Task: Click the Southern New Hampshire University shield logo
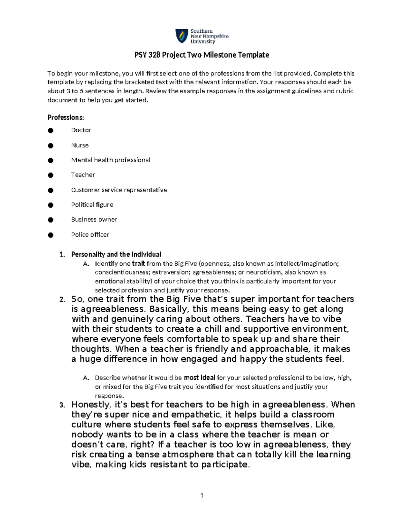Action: coord(181,36)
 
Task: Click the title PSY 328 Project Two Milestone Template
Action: coord(202,55)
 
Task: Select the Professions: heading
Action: coord(66,118)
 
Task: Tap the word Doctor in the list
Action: coord(81,130)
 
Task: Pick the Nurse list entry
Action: coord(80,145)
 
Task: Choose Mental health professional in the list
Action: coord(110,160)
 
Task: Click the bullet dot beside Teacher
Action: coord(50,175)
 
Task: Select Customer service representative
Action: coord(119,190)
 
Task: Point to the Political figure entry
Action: coord(92,205)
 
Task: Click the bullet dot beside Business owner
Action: coord(50,220)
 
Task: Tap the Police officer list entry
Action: coord(90,235)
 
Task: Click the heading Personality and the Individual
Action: coord(116,254)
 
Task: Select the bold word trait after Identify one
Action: coord(138,263)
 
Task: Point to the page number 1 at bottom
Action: coord(202,495)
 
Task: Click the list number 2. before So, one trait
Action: coord(62,300)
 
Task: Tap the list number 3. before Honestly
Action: coord(62,405)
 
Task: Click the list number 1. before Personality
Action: coord(62,255)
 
